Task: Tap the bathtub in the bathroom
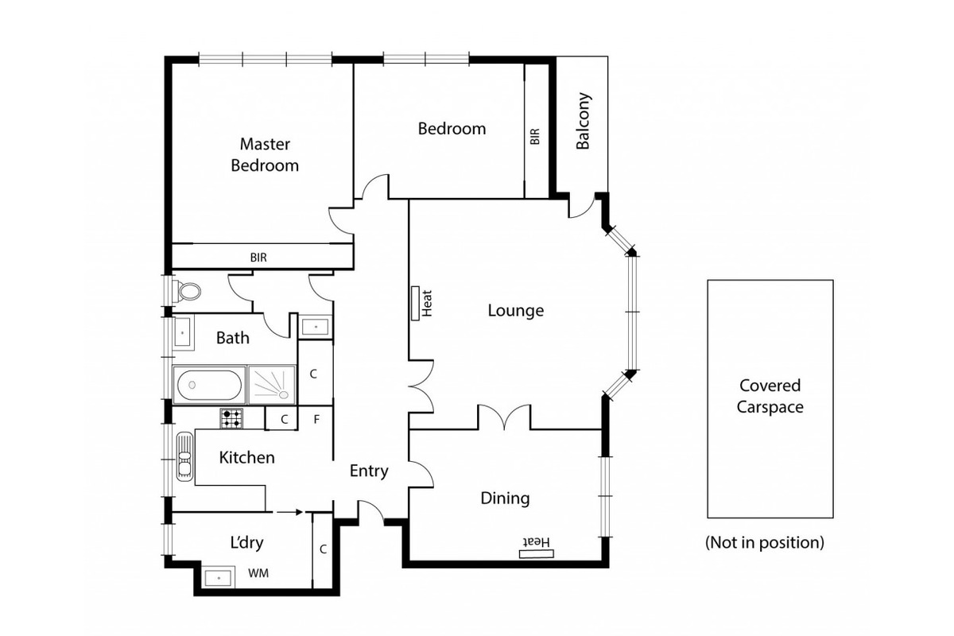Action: tap(209, 385)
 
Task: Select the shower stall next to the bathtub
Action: tap(272, 384)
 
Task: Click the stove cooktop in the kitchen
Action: tap(231, 418)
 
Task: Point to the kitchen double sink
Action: tap(184, 456)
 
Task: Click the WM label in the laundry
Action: tap(258, 573)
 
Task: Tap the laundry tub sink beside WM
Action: tap(218, 578)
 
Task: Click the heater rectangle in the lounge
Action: tap(415, 303)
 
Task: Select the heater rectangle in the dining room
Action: tap(536, 554)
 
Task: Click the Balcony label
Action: tap(583, 121)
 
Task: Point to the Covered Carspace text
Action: tap(770, 396)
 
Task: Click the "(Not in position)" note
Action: tap(765, 543)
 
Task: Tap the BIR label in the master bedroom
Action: tap(258, 258)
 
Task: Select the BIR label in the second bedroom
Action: tap(535, 136)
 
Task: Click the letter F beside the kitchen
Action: tap(316, 419)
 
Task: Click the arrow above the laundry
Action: tap(289, 512)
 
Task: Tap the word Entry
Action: tap(369, 471)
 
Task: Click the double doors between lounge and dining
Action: tap(505, 417)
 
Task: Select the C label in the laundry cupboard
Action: tap(323, 549)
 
